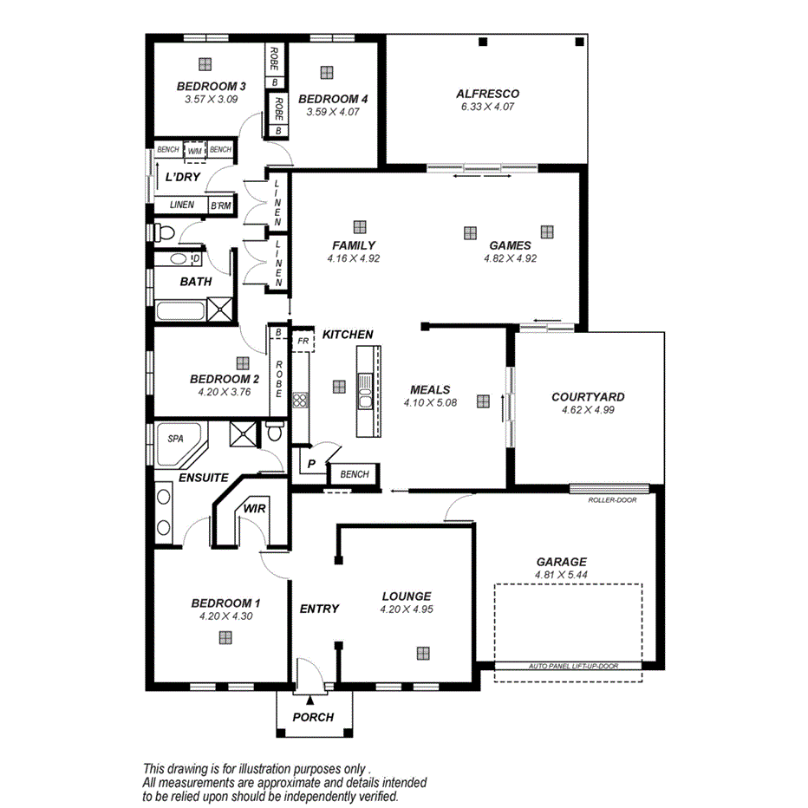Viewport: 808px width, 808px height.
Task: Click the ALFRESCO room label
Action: (x=487, y=94)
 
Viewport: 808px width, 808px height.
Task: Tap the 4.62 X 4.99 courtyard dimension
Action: (x=588, y=410)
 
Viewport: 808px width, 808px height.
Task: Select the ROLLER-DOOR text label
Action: (x=611, y=500)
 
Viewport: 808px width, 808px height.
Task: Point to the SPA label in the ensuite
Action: (x=175, y=439)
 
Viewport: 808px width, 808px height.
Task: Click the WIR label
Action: (x=254, y=510)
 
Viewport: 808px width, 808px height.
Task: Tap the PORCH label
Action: (x=313, y=717)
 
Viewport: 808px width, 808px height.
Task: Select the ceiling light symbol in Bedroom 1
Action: (x=225, y=637)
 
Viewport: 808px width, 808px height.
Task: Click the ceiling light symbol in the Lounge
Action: (x=423, y=654)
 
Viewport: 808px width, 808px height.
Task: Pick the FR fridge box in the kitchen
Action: (x=303, y=342)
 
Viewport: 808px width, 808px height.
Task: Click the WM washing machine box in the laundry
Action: (x=195, y=150)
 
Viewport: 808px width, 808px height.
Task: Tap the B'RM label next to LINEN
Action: (x=220, y=205)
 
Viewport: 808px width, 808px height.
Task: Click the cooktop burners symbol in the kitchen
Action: (x=301, y=400)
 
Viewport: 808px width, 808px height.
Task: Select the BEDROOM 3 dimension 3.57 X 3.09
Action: (x=212, y=100)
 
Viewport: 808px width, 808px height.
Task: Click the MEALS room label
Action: (x=430, y=390)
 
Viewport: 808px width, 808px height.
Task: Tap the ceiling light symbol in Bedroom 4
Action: (x=326, y=72)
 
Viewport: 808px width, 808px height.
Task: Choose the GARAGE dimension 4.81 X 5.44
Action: (x=561, y=575)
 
